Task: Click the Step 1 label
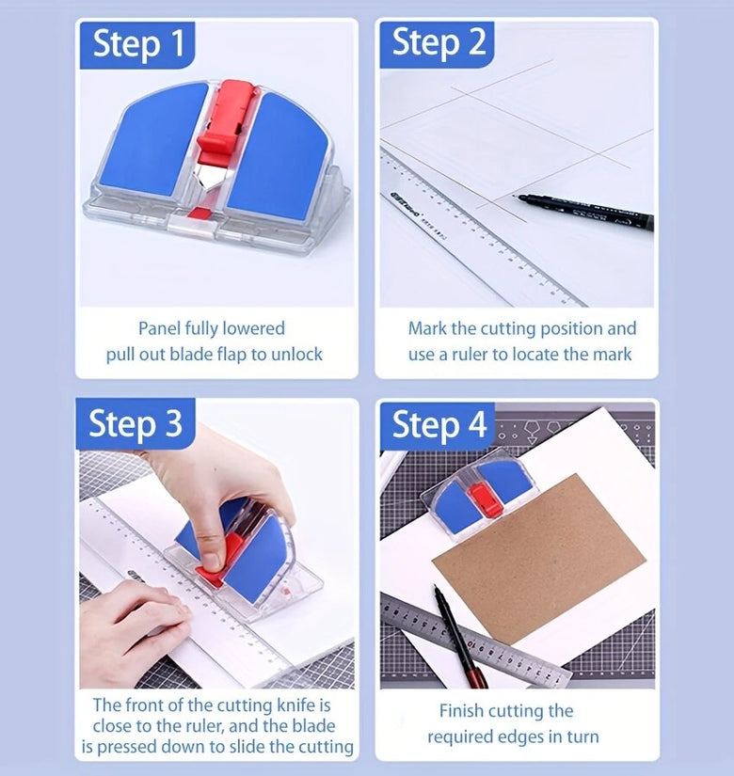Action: tap(138, 44)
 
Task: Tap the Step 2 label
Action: tap(439, 43)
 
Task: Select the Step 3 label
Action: tap(136, 424)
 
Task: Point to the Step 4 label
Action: tap(439, 424)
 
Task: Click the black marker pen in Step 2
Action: tap(585, 210)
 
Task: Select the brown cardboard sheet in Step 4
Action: tap(539, 557)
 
